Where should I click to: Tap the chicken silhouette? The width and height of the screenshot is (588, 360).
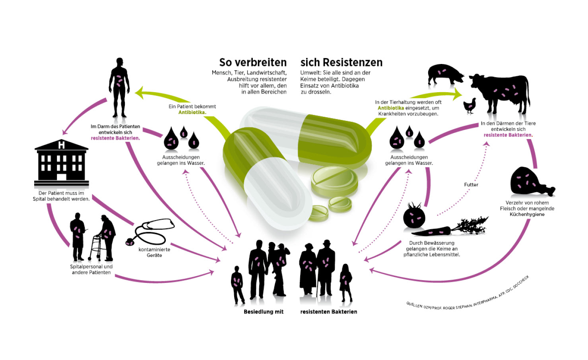470,105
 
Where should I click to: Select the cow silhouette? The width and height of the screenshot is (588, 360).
502,92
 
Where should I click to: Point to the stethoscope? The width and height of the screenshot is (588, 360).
151,232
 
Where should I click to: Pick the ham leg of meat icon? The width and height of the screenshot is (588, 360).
529,182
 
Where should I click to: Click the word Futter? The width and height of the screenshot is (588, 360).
471,185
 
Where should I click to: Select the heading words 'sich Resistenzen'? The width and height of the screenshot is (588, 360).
341,62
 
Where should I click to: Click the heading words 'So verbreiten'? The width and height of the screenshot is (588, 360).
253,62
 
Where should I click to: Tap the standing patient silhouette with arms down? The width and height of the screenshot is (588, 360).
119,87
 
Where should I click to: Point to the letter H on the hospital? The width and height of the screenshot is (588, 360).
61,145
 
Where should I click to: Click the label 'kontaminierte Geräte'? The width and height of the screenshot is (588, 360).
154,252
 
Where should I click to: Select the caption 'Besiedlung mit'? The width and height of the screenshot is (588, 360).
264,312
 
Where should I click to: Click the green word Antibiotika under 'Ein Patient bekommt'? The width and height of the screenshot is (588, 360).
192,112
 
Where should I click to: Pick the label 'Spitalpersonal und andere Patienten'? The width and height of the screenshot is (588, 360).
91,269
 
